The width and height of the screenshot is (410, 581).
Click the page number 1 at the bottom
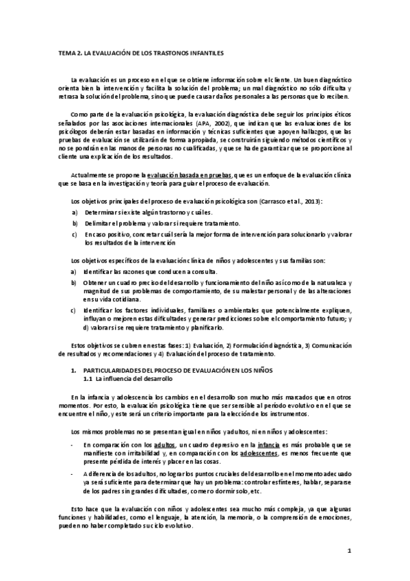click(349, 550)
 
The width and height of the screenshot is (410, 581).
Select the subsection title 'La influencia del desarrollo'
click(134, 378)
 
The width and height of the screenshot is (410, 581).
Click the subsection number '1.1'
click(88, 378)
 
